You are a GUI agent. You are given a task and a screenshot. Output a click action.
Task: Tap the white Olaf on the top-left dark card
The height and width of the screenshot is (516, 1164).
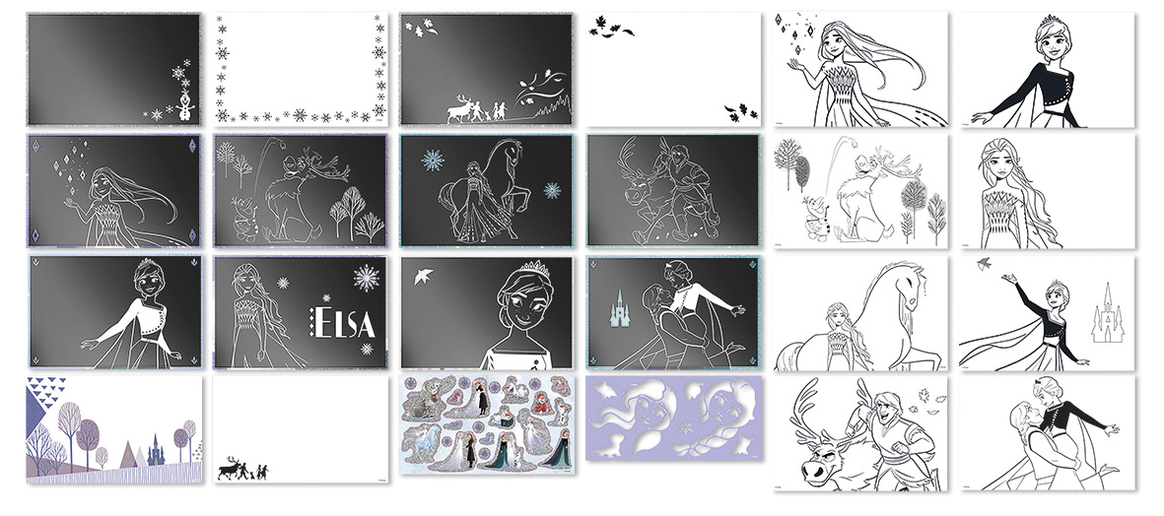184,101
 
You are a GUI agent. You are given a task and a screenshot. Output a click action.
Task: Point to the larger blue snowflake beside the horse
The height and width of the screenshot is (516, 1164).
433,161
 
